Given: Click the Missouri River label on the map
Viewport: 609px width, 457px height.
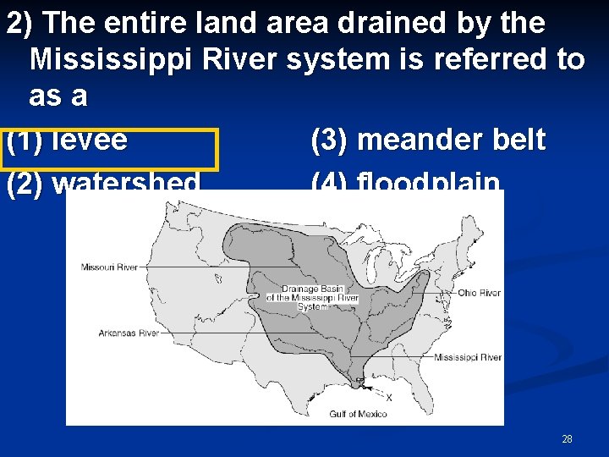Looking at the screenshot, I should click(x=109, y=267).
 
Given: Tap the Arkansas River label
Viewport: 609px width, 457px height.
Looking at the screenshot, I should click(x=129, y=333).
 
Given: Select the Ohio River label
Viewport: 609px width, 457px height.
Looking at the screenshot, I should click(x=479, y=293).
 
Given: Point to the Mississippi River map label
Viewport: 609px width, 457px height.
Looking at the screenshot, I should click(x=467, y=357).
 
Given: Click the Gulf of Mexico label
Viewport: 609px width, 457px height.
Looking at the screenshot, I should click(x=358, y=414).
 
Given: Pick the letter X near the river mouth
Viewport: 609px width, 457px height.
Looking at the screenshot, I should click(x=389, y=397).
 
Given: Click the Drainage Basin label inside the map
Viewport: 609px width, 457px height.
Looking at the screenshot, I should click(x=312, y=297).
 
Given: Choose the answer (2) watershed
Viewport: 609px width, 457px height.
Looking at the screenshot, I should click(x=103, y=184).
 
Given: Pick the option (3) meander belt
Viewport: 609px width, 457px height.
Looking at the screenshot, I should click(x=428, y=140).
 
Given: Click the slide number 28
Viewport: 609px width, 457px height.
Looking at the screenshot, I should click(x=567, y=439).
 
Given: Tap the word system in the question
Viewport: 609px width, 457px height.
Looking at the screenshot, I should click(x=343, y=60).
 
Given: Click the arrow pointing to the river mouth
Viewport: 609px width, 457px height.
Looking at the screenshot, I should click(x=372, y=389).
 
